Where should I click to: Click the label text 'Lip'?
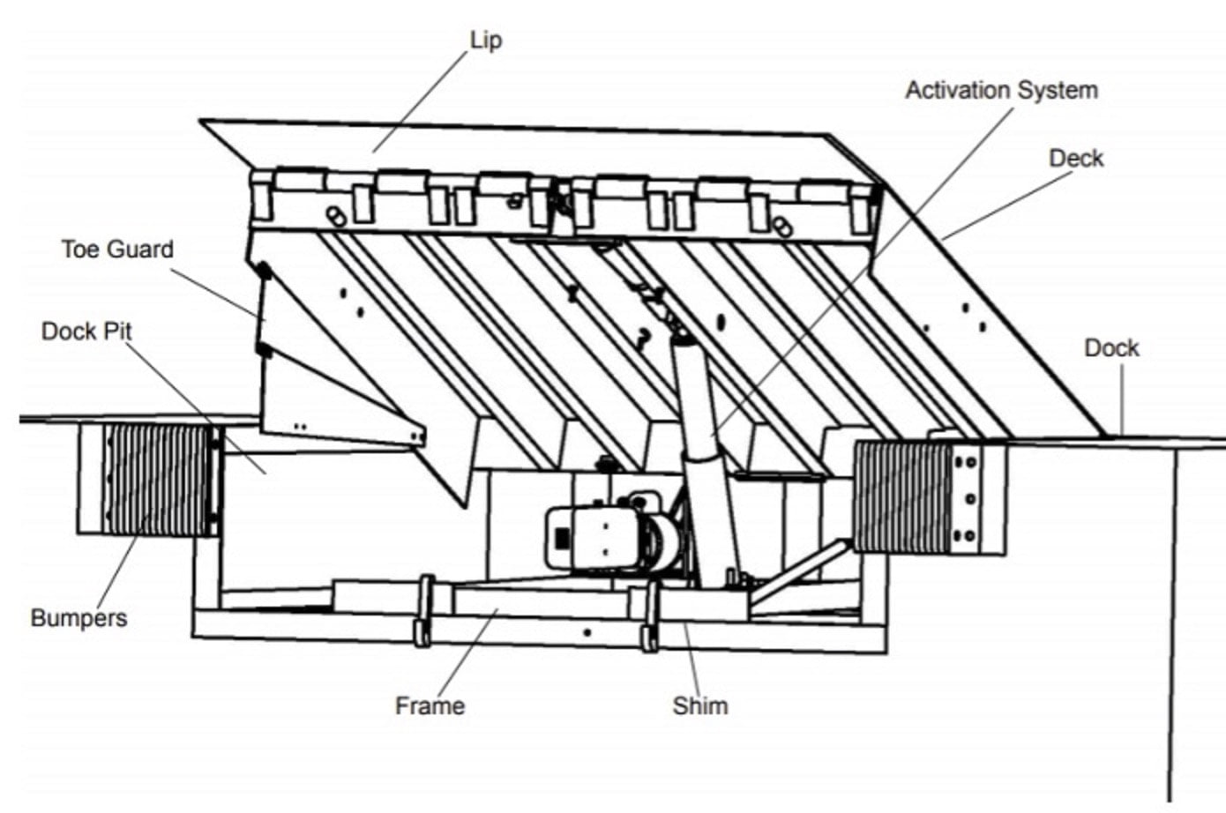tap(486, 40)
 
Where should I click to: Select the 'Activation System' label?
tap(1001, 90)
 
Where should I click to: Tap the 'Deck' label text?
tap(1075, 158)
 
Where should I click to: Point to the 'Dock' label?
tap(1111, 347)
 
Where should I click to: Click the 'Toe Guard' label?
tap(117, 249)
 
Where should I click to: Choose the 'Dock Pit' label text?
tap(86, 331)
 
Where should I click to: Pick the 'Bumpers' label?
tap(78, 617)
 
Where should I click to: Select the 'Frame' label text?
tap(430, 705)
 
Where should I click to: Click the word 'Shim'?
tap(700, 705)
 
